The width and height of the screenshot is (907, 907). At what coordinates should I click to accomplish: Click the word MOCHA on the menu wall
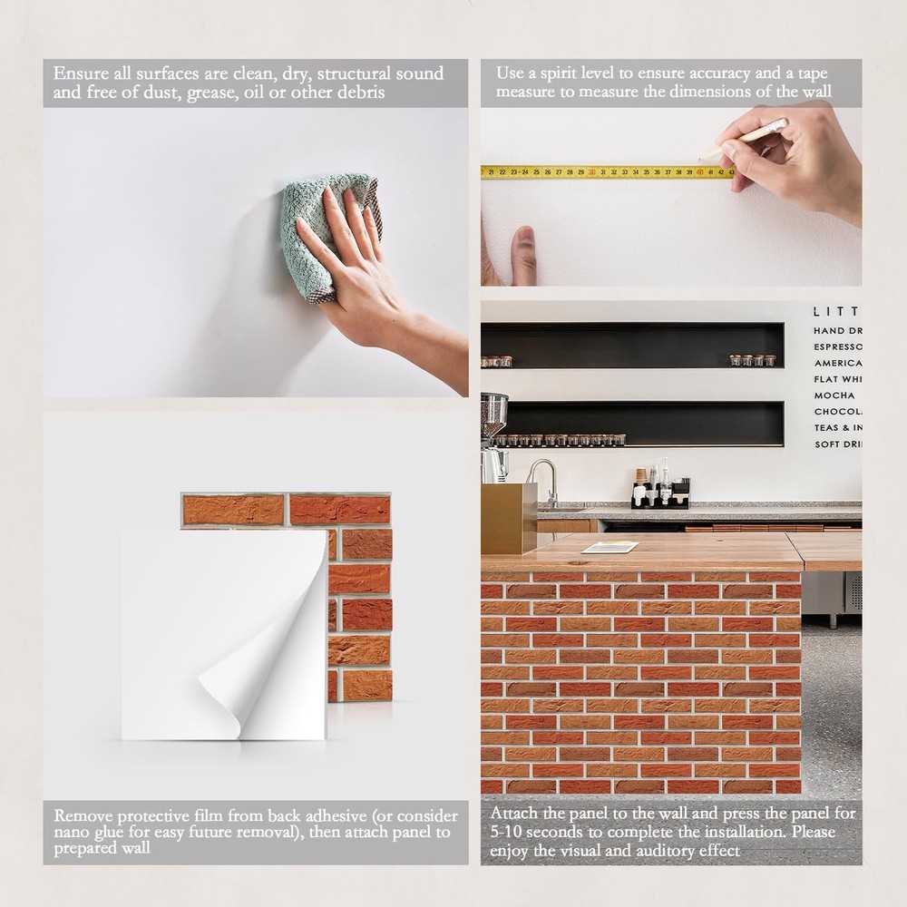tap(834, 395)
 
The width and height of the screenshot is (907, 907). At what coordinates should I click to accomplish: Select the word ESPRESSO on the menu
tap(837, 346)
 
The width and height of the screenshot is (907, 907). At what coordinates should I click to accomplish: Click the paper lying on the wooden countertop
tap(610, 547)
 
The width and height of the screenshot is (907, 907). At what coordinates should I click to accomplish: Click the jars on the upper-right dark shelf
tap(753, 360)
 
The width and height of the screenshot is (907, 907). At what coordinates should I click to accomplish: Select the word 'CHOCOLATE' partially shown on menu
tap(837, 412)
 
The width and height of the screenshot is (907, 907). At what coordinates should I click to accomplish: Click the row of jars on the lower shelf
tap(562, 440)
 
